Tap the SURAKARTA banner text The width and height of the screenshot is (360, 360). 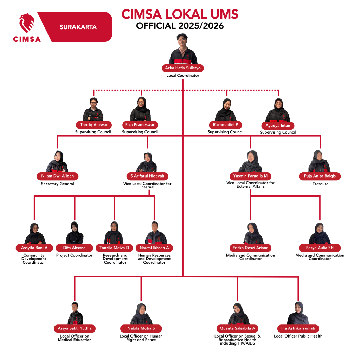(78, 27)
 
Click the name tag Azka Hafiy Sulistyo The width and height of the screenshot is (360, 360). (182, 68)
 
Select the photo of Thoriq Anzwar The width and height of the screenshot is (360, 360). (93, 110)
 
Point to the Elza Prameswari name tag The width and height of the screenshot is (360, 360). (140, 125)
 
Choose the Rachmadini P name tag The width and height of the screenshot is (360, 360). (225, 125)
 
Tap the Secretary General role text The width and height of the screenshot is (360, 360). (58, 184)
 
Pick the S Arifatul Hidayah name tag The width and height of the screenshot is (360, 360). (147, 176)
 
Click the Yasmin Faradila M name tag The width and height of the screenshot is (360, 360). (250, 176)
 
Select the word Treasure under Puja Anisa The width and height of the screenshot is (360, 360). (320, 184)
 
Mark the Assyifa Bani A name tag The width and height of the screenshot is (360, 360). (34, 248)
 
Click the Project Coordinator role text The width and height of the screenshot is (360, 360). (74, 255)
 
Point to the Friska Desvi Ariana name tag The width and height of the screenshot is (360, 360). (250, 248)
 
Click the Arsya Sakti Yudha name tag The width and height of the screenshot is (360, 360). (75, 328)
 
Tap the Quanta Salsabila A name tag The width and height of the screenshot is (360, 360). (237, 328)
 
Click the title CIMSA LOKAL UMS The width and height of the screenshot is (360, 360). (180, 14)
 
